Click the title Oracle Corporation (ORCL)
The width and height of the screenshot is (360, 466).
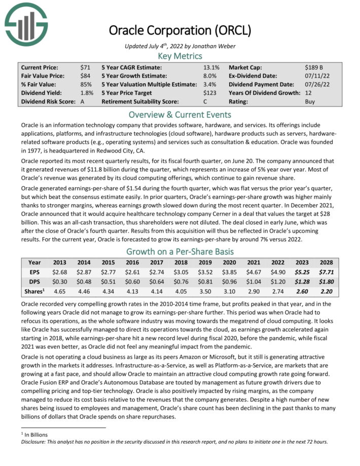(x=180, y=30)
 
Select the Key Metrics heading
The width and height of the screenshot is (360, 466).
(x=180, y=56)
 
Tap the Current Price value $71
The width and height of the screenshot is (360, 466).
(x=85, y=67)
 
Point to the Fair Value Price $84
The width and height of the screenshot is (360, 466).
(x=85, y=76)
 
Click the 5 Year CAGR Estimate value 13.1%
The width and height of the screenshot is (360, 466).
(x=211, y=67)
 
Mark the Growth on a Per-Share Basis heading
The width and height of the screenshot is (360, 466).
(x=180, y=251)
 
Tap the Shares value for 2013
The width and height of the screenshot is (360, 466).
(x=59, y=291)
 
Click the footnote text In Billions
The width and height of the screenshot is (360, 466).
(x=37, y=435)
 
